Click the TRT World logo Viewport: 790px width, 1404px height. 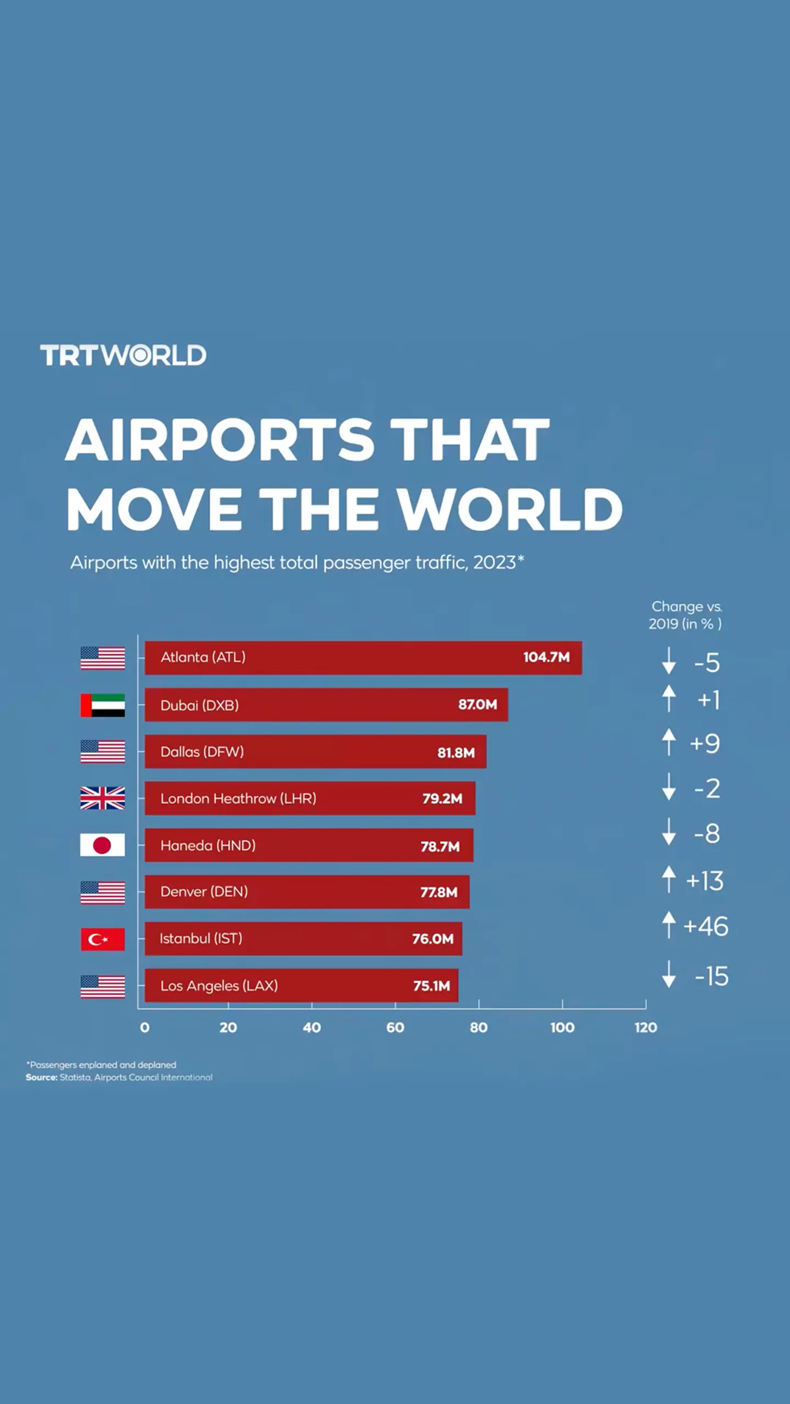pyautogui.click(x=123, y=355)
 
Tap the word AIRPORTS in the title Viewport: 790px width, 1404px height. pyautogui.click(x=219, y=440)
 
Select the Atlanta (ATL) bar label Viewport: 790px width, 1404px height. pyautogui.click(x=203, y=657)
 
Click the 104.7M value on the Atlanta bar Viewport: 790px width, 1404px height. pyautogui.click(x=546, y=657)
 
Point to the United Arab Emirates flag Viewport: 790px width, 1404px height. pyautogui.click(x=103, y=705)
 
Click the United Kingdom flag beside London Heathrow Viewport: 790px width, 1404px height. pyautogui.click(x=103, y=798)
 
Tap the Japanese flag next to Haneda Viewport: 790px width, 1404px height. pyautogui.click(x=103, y=845)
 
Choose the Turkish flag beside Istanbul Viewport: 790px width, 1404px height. pyautogui.click(x=103, y=939)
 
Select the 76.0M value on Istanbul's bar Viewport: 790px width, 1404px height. pyautogui.click(x=433, y=939)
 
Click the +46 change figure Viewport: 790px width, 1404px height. pyautogui.click(x=706, y=926)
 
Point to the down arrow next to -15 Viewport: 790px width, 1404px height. pyautogui.click(x=669, y=974)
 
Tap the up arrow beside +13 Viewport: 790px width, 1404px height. pyautogui.click(x=669, y=879)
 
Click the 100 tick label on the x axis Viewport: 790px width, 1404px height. pyautogui.click(x=562, y=1028)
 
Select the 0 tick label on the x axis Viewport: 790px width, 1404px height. pyautogui.click(x=145, y=1028)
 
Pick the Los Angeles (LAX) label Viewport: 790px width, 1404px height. pyautogui.click(x=219, y=986)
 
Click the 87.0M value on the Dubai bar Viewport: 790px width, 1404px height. pyautogui.click(x=477, y=705)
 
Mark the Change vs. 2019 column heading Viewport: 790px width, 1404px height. pyautogui.click(x=686, y=615)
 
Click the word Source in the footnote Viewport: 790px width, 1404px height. pyautogui.click(x=41, y=1078)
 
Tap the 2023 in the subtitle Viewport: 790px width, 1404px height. pyautogui.click(x=494, y=563)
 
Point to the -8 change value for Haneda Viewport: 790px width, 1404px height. pyautogui.click(x=707, y=834)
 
